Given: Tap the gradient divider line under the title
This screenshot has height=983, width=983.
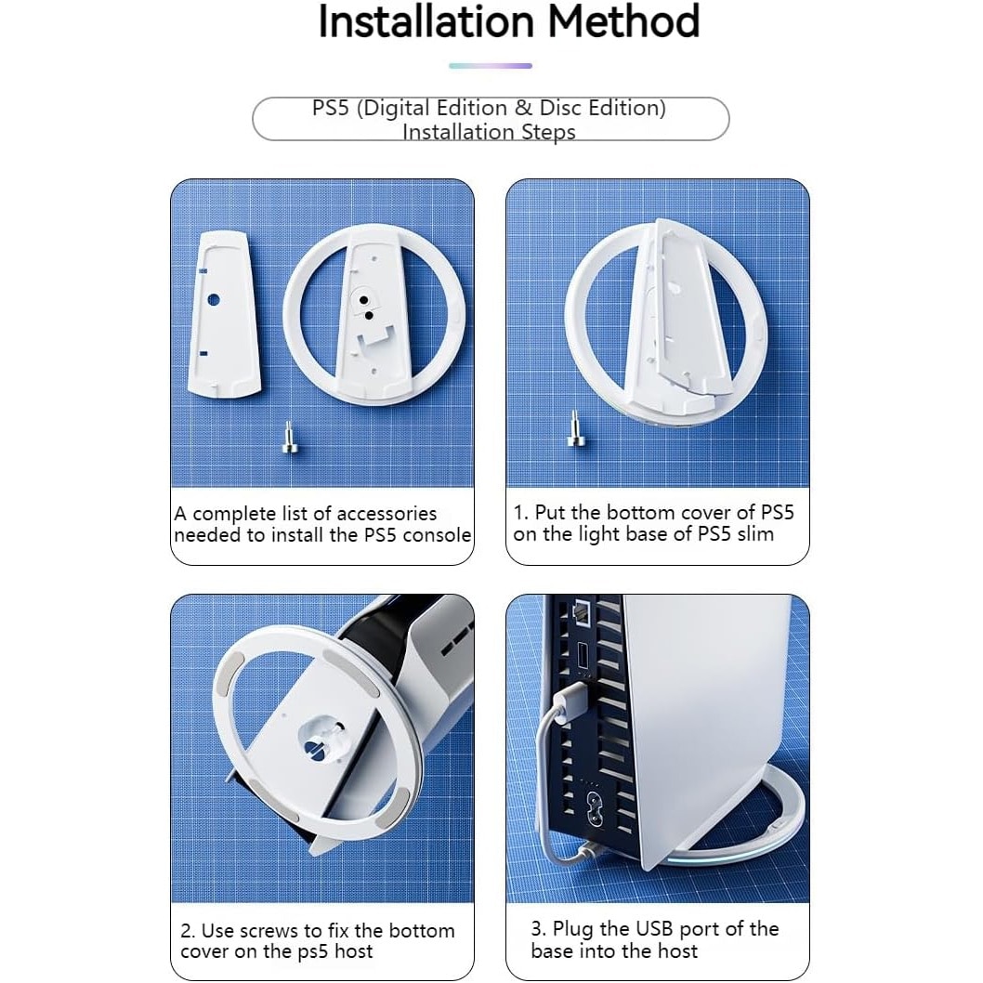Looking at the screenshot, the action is pos(491,66).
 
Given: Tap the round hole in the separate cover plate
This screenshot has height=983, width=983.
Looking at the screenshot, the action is pos(213,300).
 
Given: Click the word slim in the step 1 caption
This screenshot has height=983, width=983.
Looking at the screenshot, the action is pos(756,534).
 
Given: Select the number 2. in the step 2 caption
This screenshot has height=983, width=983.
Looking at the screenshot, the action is pos(188,930).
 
